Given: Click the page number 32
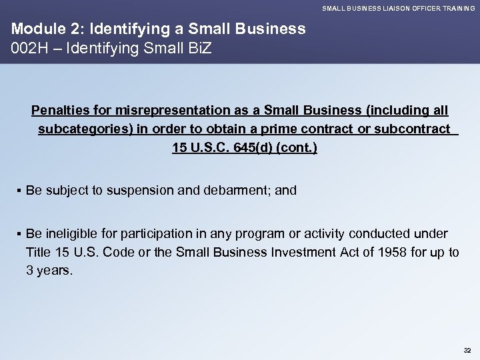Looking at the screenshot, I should click(465, 349).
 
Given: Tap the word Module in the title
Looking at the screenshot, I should click(33, 29).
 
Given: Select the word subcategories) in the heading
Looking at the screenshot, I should click(84, 128).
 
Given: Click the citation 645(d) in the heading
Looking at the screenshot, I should click(249, 147).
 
